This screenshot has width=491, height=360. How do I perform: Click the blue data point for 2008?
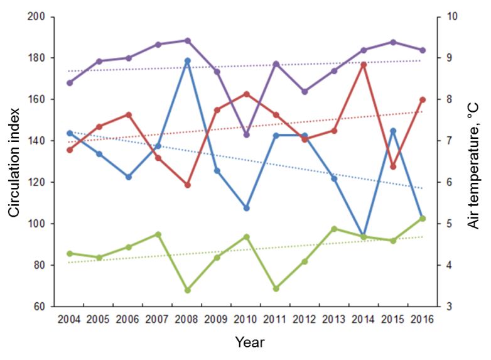187,61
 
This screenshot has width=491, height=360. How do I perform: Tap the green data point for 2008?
187,290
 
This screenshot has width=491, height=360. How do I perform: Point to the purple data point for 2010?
246,134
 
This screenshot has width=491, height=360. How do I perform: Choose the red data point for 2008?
187,185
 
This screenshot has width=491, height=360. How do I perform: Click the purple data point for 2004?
70,83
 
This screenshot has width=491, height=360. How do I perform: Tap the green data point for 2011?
276,288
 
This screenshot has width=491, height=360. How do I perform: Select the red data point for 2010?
246,94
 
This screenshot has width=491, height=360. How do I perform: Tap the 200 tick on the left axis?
38,17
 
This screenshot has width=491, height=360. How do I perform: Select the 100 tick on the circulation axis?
38,224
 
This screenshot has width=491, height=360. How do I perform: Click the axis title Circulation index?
14,161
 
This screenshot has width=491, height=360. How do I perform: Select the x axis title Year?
249,342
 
